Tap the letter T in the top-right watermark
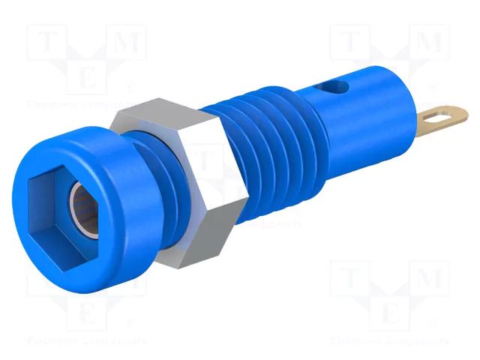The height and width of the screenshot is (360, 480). click(350, 41)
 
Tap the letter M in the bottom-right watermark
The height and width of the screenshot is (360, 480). click(433, 280)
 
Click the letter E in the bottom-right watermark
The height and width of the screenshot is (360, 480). click(391, 315)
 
